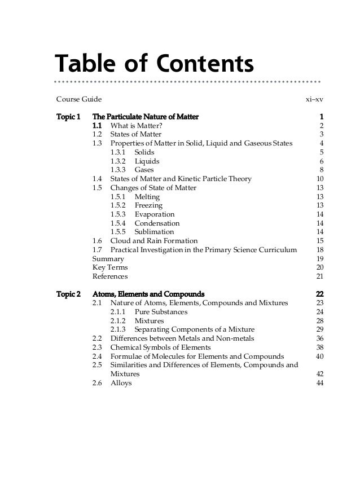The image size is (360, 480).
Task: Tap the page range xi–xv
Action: point(314,100)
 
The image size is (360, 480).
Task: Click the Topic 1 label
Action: point(69,116)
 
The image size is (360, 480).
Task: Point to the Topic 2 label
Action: point(69,294)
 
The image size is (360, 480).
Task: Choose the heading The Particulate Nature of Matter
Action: point(146,116)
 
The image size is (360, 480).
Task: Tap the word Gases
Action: point(144,169)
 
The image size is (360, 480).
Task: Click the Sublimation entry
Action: point(154,232)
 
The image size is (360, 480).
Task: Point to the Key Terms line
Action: point(109,267)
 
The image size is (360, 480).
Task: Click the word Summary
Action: point(108,258)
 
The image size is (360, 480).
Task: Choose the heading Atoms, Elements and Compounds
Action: point(148,294)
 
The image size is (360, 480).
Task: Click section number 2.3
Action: point(97,347)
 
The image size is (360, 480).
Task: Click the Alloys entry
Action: point(121,383)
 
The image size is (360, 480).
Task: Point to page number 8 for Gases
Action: point(321,169)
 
